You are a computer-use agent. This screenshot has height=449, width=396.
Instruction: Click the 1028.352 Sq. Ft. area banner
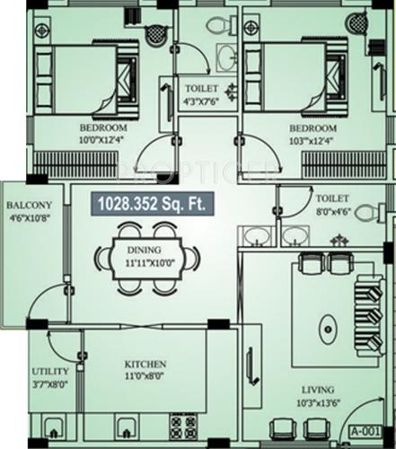tap(151, 205)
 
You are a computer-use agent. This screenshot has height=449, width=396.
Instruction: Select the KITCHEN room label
tap(145, 364)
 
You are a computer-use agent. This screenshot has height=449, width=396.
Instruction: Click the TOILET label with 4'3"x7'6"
tap(202, 90)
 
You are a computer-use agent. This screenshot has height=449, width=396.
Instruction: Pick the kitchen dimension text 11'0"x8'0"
tap(145, 377)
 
